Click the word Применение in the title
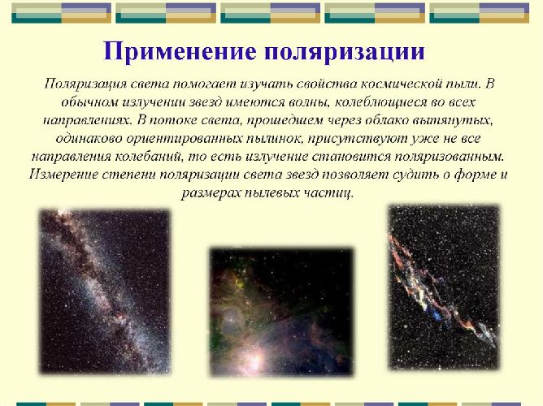pyautogui.click(x=172, y=51)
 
